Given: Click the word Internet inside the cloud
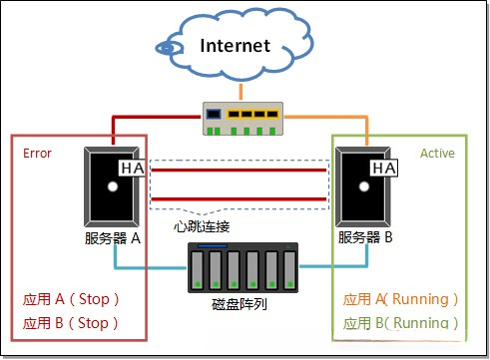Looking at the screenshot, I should coord(236,45).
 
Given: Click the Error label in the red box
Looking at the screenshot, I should coord(37,154).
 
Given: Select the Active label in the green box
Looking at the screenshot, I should coord(437,154).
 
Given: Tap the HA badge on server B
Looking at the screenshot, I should coord(383,169).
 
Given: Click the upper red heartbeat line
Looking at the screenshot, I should coord(239,171).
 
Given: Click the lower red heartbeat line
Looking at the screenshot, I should coord(239,198).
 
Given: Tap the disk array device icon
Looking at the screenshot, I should coord(244,267).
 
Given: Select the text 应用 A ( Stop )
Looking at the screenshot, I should coord(71,299).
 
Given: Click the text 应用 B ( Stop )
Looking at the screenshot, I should coord(71,323).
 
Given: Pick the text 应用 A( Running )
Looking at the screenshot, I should coord(401,299).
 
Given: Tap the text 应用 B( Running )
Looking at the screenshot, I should coord(401,323).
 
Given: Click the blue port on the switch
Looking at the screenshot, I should coord(214,113).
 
